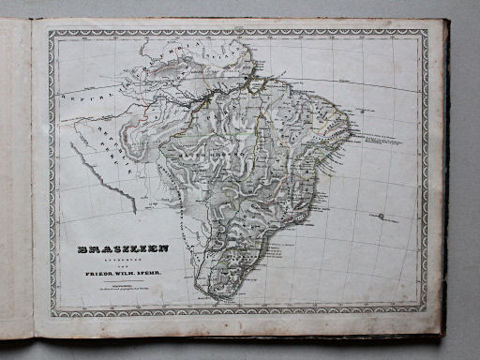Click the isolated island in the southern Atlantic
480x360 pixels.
(384, 218)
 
